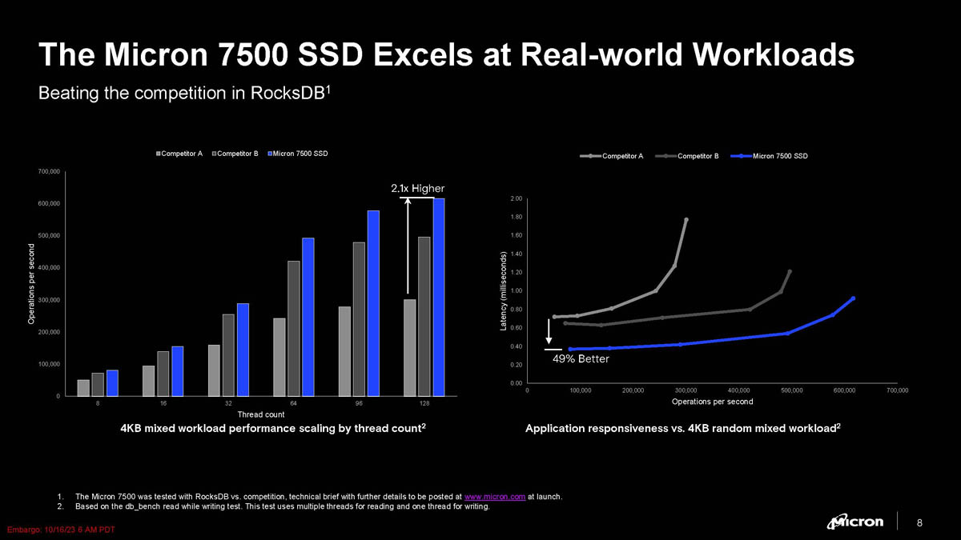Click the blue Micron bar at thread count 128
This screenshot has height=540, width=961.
pyautogui.click(x=438, y=297)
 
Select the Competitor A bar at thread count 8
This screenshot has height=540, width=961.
pyautogui.click(x=83, y=387)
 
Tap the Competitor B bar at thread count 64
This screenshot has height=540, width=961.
pyautogui.click(x=294, y=328)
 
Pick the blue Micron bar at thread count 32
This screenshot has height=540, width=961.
pyautogui.click(x=243, y=350)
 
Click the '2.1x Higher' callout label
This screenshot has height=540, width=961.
pyautogui.click(x=417, y=188)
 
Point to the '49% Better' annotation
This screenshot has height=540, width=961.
pyautogui.click(x=581, y=359)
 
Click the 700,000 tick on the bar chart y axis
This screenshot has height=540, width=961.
pyautogui.click(x=48, y=171)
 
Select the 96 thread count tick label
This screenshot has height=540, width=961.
pyautogui.click(x=359, y=404)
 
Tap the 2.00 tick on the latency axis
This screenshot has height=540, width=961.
pyautogui.click(x=517, y=198)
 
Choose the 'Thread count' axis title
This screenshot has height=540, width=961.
pyautogui.click(x=261, y=414)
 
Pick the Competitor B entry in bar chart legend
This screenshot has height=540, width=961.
pyautogui.click(x=236, y=154)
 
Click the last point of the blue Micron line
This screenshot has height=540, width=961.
pyautogui.click(x=854, y=298)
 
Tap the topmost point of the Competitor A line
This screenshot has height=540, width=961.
pyautogui.click(x=686, y=219)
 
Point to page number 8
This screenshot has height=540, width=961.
pyautogui.click(x=919, y=523)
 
